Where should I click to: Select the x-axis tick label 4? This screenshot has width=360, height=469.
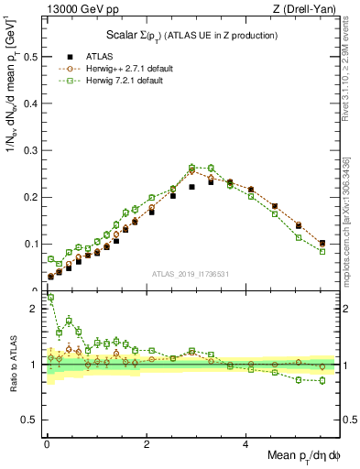pyautogui.click(x=245, y=444)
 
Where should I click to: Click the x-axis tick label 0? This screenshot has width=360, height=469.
pyautogui.click(x=47, y=444)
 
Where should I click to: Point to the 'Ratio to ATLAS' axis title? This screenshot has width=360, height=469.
pyautogui.click(x=11, y=364)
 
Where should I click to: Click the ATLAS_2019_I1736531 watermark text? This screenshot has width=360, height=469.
pyautogui.click(x=191, y=274)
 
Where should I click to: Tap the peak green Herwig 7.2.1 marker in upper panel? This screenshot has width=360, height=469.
pyautogui.click(x=191, y=168)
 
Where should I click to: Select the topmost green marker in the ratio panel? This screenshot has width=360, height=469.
pyautogui.click(x=49, y=298)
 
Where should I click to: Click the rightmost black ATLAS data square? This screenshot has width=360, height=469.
pyautogui.click(x=322, y=244)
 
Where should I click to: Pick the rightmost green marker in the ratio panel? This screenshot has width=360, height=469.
pyautogui.click(x=322, y=380)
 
